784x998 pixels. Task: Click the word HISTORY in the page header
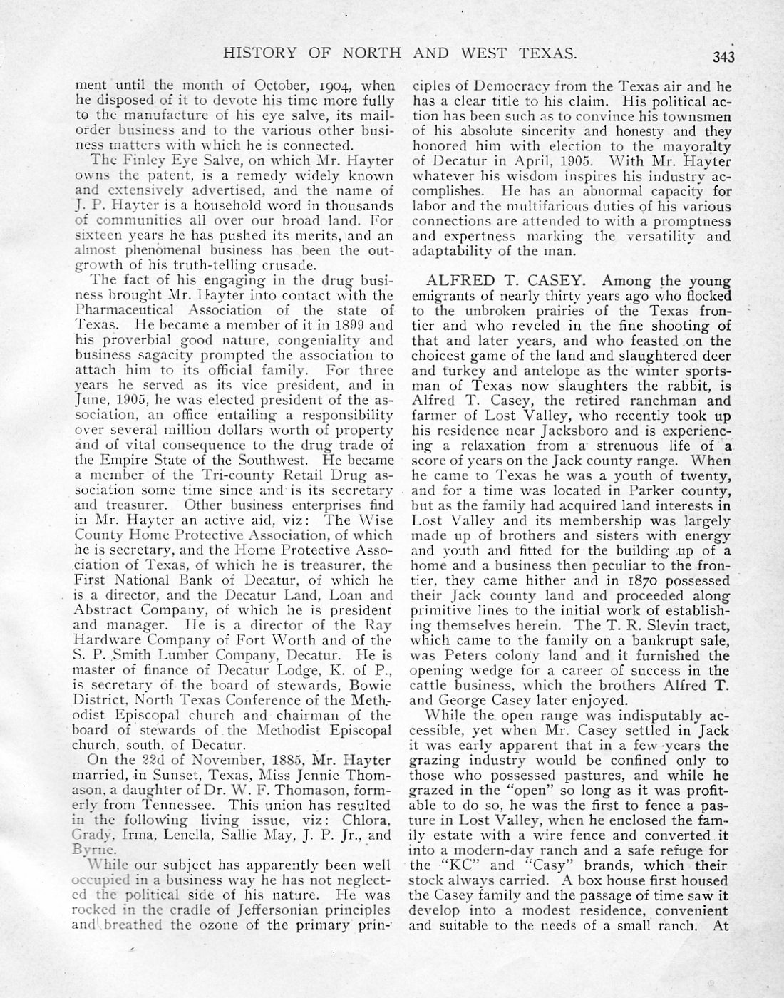(x=257, y=53)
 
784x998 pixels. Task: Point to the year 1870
(x=628, y=580)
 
